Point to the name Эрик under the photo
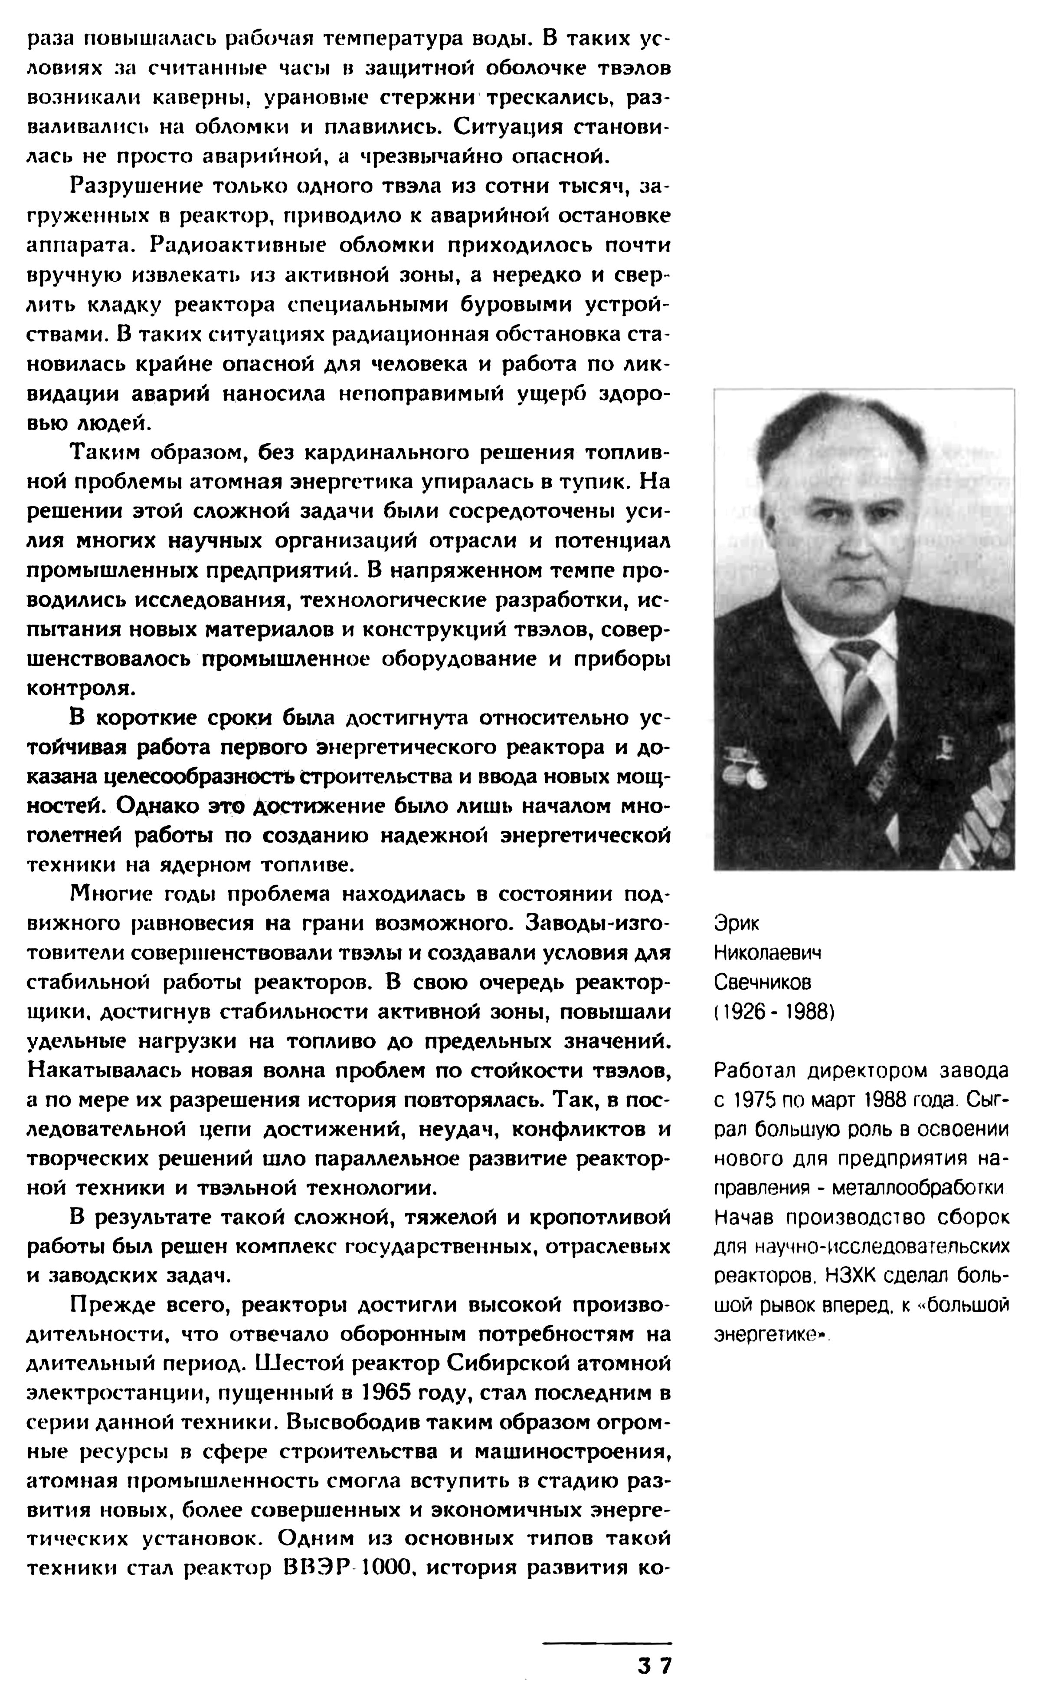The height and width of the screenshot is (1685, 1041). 737,923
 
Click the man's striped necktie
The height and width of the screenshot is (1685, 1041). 861,696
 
